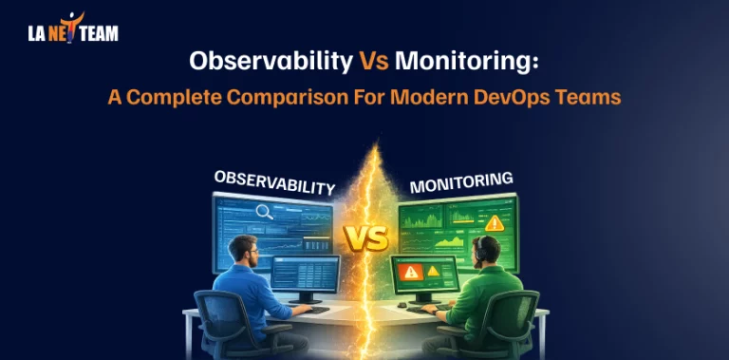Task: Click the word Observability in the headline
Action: (x=270, y=63)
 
